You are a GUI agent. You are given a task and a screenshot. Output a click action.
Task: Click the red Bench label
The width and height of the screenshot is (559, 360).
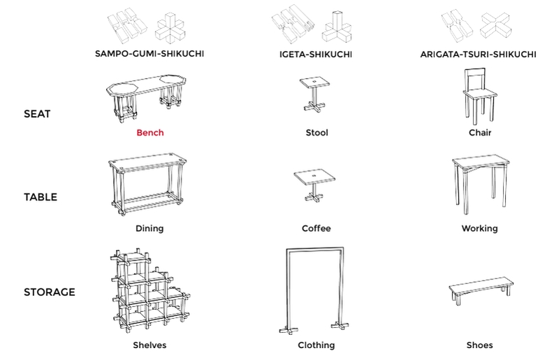[x=150, y=133]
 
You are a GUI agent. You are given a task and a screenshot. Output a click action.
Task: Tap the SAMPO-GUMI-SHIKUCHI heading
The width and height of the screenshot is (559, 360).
[x=150, y=54]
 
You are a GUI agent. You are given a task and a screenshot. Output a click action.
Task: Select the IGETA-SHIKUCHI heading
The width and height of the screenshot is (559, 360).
[x=316, y=55]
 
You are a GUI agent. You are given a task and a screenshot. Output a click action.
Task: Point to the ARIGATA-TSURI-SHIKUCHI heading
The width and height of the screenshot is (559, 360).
[x=478, y=55]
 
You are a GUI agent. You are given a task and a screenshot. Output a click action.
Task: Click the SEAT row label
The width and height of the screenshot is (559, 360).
[x=37, y=114]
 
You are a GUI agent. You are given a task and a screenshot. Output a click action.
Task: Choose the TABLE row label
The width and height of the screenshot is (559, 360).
[x=41, y=197]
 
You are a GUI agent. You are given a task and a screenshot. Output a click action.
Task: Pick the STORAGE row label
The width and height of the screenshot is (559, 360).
[x=50, y=292]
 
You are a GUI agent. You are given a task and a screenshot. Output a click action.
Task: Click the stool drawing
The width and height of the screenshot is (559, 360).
[x=314, y=94]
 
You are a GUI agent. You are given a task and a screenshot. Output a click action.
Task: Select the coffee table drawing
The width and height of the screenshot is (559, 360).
[x=314, y=185]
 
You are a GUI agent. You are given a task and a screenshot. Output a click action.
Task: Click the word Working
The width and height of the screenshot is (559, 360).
[x=479, y=229]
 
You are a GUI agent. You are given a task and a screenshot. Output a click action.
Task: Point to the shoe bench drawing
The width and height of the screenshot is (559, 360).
[x=481, y=291]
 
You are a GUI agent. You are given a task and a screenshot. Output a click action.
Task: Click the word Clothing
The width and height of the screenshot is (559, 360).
[x=317, y=345]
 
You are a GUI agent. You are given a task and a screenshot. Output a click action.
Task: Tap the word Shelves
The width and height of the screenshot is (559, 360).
[x=150, y=345]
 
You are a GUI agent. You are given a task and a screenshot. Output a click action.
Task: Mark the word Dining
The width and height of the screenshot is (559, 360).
[x=150, y=229]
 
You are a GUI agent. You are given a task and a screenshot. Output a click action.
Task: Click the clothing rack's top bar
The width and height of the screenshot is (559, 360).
[x=315, y=250]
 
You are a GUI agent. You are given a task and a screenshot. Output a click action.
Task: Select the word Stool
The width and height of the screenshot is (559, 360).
[x=317, y=133]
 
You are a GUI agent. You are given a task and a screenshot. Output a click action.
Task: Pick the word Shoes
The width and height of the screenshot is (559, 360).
[x=480, y=345]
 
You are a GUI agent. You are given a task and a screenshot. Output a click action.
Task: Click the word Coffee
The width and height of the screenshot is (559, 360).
[x=317, y=229]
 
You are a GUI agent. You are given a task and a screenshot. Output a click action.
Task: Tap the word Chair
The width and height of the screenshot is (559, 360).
[x=480, y=133]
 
